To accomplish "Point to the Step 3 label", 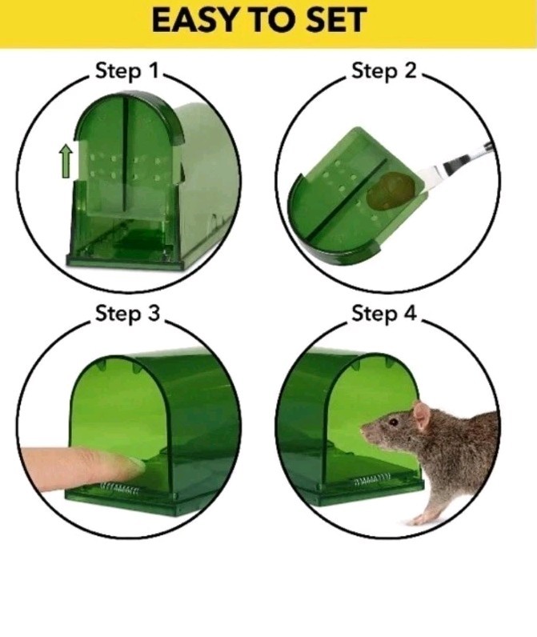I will point(127,313).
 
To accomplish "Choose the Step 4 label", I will point(384,313).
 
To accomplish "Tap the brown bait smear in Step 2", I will point(392,192).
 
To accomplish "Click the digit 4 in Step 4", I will point(410,313).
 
